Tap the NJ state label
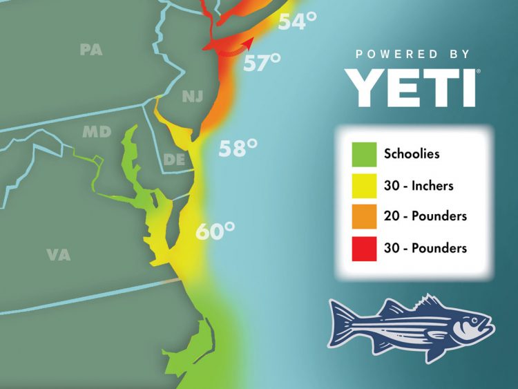click(193, 97)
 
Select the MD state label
click(97, 131)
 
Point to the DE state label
click(173, 160)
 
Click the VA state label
click(59, 255)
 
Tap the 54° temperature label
click(297, 23)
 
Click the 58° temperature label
click(238, 148)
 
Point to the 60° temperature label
click(215, 231)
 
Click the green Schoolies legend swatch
click(364, 153)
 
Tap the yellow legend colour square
click(364, 185)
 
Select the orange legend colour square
click(364, 216)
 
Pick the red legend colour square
click(364, 248)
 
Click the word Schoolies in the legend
click(412, 154)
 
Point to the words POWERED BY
click(413, 54)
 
